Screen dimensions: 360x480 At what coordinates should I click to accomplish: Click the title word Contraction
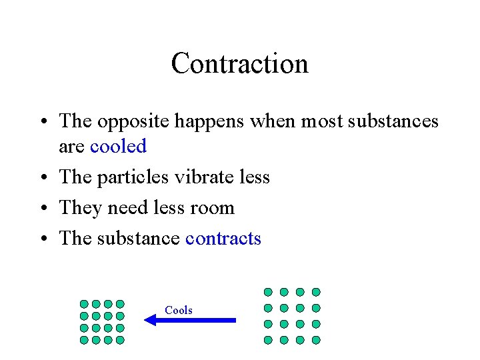coord(239,64)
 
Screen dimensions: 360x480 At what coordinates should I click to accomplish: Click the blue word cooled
coord(118,146)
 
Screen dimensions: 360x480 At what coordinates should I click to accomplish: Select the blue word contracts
coord(223,239)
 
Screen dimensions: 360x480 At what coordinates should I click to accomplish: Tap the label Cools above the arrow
coord(179,310)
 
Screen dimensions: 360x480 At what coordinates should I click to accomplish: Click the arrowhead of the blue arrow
coord(150,320)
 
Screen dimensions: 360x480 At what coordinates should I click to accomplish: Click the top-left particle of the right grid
coord(268,292)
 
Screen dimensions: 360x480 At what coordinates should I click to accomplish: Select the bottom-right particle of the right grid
coord(316,340)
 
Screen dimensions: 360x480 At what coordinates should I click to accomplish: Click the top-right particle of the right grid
coord(316,292)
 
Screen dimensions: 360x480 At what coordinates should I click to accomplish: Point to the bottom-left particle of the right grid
coord(268,340)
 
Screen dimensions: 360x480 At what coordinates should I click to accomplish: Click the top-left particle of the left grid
coord(84,304)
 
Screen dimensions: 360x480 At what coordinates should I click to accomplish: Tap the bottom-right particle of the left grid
coord(120,340)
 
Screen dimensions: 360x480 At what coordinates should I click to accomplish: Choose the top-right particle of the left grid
coord(120,304)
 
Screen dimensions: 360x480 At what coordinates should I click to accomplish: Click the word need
coord(127,208)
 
